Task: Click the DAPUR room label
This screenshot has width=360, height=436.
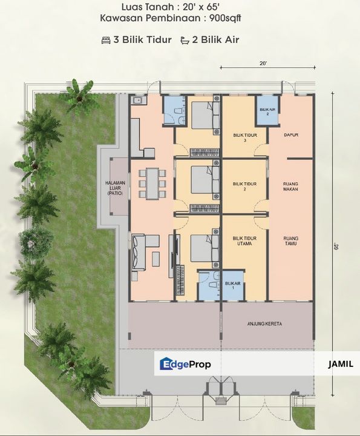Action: click(x=292, y=135)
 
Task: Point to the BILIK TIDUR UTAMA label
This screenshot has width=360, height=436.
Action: click(x=244, y=242)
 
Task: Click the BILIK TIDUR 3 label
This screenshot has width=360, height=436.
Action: click(x=244, y=137)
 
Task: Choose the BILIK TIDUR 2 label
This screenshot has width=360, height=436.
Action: click(x=244, y=186)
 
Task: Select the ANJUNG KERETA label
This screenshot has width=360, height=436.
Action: click(x=264, y=324)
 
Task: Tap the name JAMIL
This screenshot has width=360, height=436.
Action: click(x=339, y=364)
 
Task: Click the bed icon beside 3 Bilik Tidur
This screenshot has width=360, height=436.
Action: click(x=106, y=40)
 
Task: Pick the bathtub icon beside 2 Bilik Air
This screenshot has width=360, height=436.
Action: click(x=184, y=40)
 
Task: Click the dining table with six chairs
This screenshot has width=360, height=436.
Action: click(x=152, y=183)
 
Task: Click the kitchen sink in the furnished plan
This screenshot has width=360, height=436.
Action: click(x=137, y=100)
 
